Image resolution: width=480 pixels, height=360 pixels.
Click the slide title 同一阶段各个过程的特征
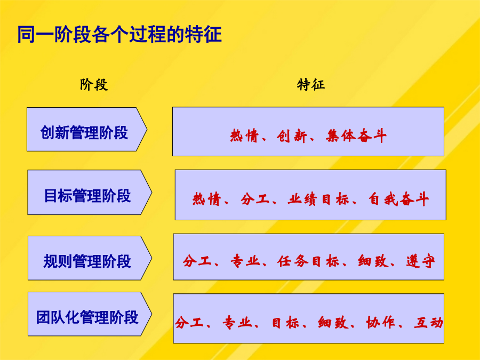point(119,34)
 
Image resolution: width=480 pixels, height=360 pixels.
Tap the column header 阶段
point(94,85)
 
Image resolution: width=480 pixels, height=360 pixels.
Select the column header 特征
point(311,85)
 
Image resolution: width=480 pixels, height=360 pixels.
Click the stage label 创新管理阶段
point(84,133)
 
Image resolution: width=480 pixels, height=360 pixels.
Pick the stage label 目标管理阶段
point(87,196)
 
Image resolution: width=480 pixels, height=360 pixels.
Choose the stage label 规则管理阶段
point(87,261)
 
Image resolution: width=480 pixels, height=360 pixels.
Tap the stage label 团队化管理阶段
point(87,317)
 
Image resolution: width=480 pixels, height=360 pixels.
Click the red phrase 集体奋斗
point(356,136)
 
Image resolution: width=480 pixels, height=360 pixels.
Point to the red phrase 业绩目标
point(318,199)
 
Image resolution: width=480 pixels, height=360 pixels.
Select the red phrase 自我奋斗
point(398,199)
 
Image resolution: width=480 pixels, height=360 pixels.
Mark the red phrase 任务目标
point(308,261)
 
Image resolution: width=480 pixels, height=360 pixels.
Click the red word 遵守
point(421,261)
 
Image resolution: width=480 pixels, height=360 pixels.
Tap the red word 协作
point(381,322)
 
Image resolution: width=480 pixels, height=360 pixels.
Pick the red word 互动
point(429,322)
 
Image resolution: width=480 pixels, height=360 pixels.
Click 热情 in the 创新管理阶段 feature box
point(244,136)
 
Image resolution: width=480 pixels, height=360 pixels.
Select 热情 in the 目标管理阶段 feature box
point(206,199)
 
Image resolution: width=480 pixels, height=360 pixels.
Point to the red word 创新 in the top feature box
point(291,136)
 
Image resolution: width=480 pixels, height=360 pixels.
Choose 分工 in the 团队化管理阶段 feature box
point(189,322)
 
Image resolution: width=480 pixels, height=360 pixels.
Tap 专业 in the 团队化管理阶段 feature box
point(237,322)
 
